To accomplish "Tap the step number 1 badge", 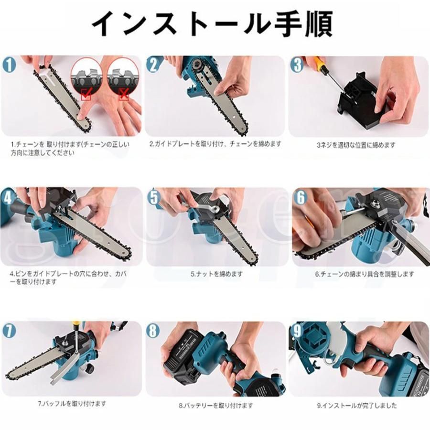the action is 10,65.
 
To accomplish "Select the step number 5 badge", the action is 154,197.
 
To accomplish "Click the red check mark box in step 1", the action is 86,94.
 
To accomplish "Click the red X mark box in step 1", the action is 124,94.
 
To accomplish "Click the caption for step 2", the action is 215,143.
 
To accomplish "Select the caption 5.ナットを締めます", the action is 216,274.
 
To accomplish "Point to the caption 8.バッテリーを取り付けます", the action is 215,405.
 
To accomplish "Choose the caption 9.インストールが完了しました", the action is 357,405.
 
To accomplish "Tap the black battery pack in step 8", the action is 183,356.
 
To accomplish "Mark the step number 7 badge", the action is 10,331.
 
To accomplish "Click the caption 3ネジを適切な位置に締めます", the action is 356,145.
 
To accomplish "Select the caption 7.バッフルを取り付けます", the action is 72,403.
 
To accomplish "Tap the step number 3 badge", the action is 298,64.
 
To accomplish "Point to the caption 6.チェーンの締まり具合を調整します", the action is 364,274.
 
